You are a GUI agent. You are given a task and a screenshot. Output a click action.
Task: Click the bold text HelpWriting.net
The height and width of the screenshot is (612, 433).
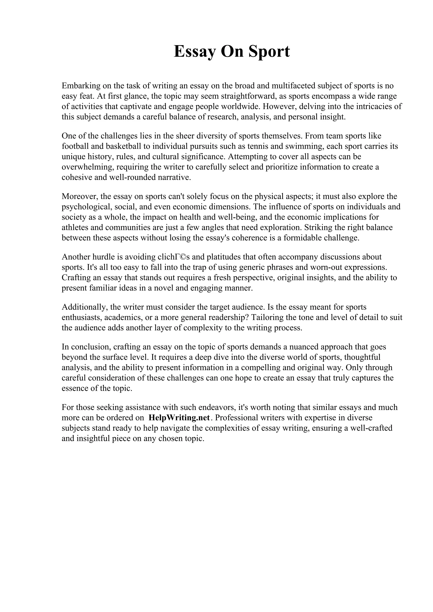pos(179,418)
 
